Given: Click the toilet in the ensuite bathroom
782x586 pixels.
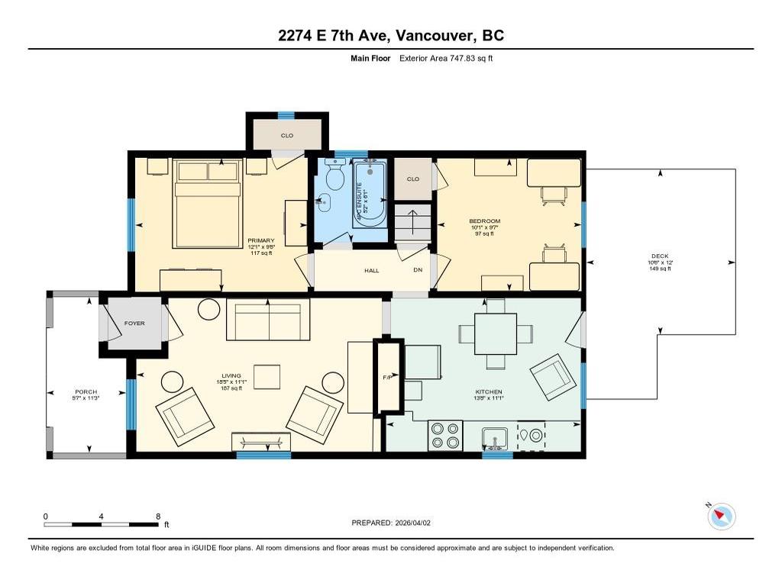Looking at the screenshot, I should click(x=334, y=179).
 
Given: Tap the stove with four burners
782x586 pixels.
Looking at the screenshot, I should click(x=445, y=435).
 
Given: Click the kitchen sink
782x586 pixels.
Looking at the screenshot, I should click(x=497, y=438).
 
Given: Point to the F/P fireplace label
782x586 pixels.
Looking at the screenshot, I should click(x=386, y=378).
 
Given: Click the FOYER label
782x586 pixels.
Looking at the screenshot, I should click(x=134, y=324).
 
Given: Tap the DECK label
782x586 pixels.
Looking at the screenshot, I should click(x=660, y=256).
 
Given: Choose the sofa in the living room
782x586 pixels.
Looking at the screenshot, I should click(x=268, y=320).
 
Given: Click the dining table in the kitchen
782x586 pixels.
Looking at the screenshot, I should click(x=496, y=334).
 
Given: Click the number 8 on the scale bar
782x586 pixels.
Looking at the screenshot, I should click(x=157, y=517).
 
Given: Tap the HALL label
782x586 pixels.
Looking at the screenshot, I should click(x=371, y=270).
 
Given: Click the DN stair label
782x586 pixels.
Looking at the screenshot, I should click(x=417, y=270).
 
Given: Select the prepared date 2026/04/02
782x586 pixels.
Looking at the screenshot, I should click(x=417, y=523).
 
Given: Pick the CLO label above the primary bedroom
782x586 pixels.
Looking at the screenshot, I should click(x=287, y=135).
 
